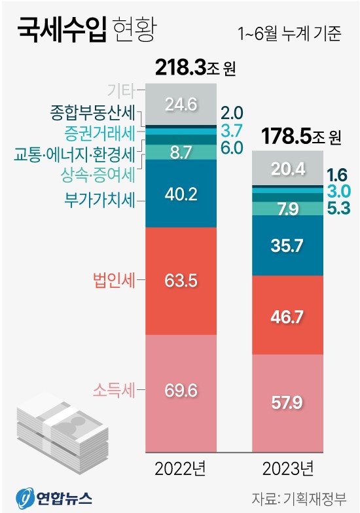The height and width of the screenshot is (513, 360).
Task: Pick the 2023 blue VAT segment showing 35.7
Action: click(288, 245)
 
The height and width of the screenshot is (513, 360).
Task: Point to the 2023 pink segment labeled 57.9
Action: click(288, 402)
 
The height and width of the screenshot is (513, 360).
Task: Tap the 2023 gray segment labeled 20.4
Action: click(288, 169)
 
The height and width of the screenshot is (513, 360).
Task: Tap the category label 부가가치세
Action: click(99, 199)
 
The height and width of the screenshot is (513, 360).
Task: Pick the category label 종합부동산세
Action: click(92, 113)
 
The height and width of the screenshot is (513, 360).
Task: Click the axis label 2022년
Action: click(181, 469)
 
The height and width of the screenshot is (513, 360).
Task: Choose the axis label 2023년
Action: click(288, 469)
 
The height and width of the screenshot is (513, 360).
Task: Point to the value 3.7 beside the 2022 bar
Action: click(232, 130)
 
